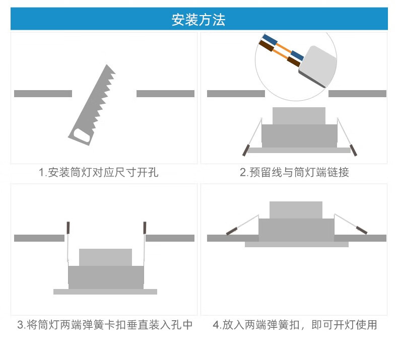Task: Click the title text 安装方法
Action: [x=198, y=20]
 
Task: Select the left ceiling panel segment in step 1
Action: [x=43, y=94]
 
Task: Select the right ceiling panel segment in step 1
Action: [x=165, y=94]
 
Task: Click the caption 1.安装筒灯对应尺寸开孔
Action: [x=98, y=173]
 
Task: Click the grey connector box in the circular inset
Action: [x=318, y=66]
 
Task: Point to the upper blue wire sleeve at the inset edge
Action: [x=270, y=41]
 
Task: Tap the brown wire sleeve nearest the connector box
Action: [x=294, y=61]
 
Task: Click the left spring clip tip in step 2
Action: [x=245, y=150]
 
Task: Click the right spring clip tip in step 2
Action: [x=354, y=150]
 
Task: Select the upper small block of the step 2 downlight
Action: [x=299, y=116]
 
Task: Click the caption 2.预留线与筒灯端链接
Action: [x=294, y=173]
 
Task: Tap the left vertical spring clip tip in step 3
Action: [x=68, y=228]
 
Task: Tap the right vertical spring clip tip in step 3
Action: [x=145, y=228]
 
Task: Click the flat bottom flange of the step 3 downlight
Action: [x=105, y=292]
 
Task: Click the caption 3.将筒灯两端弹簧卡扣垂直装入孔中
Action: [x=105, y=325]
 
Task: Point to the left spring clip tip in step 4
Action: [x=232, y=231]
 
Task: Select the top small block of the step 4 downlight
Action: [x=296, y=210]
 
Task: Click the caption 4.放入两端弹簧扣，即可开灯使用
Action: [x=295, y=325]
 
